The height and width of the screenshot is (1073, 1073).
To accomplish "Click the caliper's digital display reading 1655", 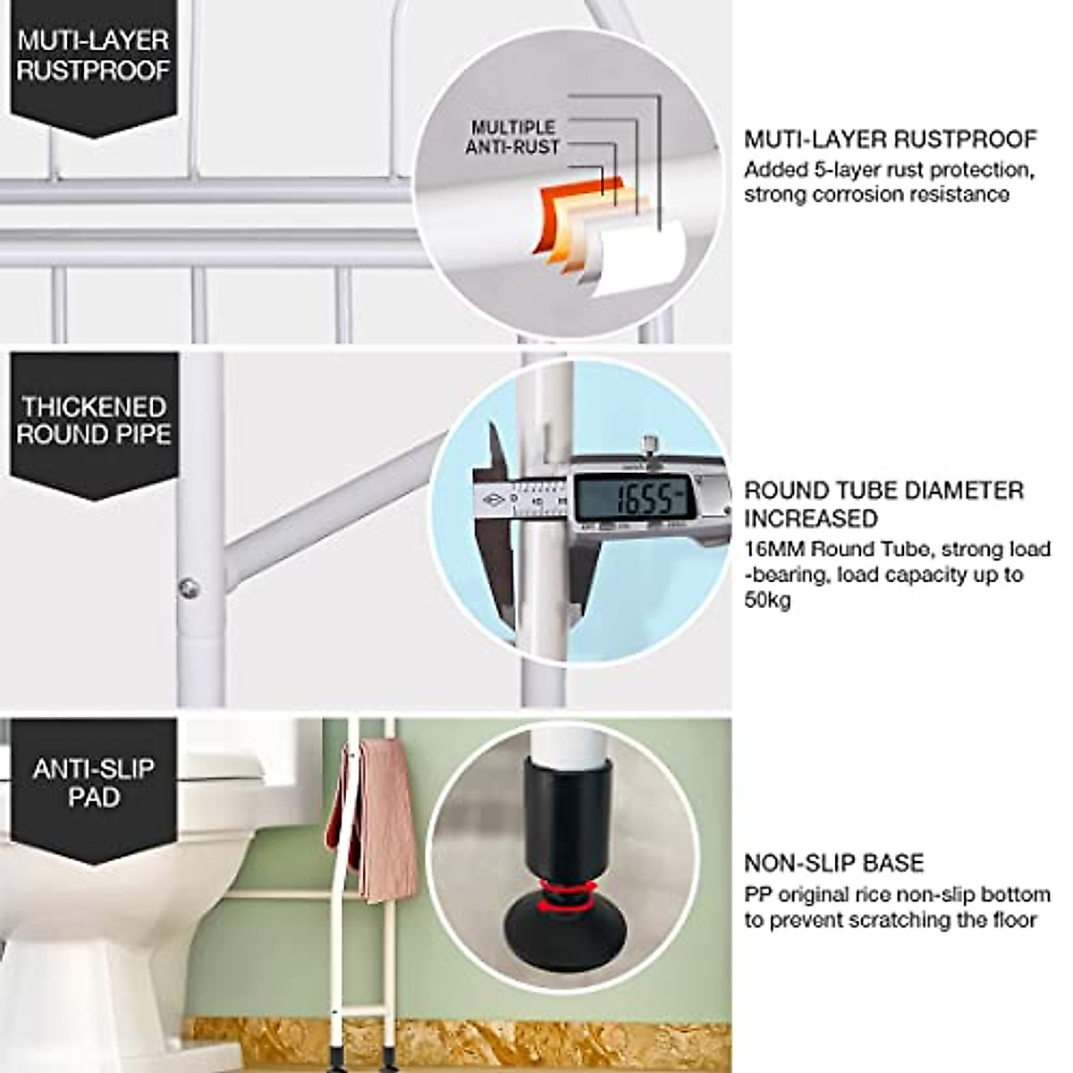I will tap(632, 499).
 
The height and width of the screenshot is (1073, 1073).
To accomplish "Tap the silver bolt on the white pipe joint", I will tap(188, 587).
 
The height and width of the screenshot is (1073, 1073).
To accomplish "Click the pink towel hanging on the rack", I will tap(376, 814).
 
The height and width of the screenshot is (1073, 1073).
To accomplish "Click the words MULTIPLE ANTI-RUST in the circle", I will tap(512, 137).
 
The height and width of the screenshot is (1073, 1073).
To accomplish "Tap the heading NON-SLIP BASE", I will tap(833, 863).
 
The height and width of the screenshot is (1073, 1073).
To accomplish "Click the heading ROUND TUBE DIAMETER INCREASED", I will tap(883, 503).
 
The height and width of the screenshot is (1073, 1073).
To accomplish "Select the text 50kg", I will tap(767, 600).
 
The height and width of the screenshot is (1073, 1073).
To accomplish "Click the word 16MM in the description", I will tap(774, 549).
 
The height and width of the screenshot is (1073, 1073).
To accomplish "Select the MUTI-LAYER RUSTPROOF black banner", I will tap(93, 55).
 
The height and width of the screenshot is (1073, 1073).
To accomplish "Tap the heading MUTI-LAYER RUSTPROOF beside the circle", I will tap(890, 139).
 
